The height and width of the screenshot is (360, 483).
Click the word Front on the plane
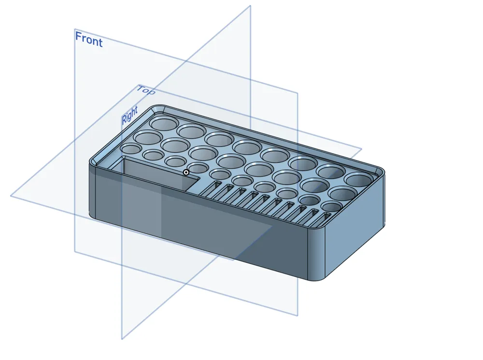[x=89, y=39]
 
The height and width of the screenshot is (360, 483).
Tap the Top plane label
[x=146, y=90]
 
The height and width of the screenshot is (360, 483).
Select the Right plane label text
[x=129, y=115]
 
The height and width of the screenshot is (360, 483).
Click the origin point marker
[x=186, y=173]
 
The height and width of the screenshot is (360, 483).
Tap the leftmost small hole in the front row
[x=131, y=148]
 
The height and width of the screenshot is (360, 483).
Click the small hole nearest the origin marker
[x=198, y=168]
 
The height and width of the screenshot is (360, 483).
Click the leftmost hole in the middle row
[x=148, y=137]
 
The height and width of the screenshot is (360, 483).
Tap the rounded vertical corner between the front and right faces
[x=316, y=253]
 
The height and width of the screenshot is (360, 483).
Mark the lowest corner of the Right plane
[x=122, y=339]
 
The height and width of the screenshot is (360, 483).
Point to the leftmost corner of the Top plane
[x=11, y=195]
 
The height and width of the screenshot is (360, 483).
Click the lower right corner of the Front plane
[x=298, y=316]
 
